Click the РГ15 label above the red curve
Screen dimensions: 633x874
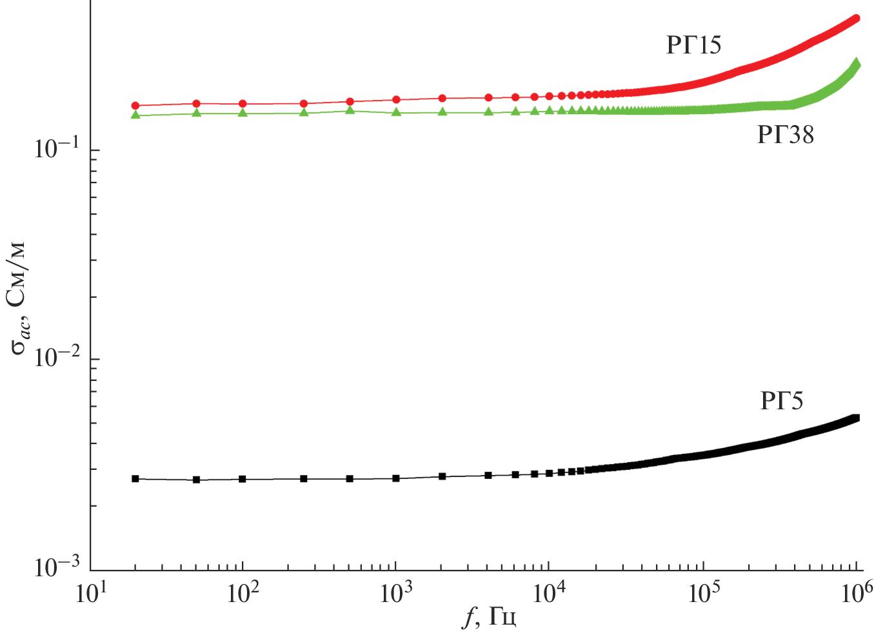[x=693, y=45]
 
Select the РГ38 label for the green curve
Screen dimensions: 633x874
[x=785, y=135]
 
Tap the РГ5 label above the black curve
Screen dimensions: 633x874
[x=782, y=401]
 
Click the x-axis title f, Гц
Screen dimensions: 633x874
[x=490, y=617]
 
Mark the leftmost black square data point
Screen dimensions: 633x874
[x=135, y=479]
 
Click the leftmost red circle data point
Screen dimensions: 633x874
[x=135, y=106]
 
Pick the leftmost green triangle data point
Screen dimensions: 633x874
[x=135, y=115]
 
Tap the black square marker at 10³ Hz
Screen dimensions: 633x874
[x=396, y=478]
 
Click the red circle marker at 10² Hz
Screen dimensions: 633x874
[x=243, y=104]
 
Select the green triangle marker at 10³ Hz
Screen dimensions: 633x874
[x=396, y=112]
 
